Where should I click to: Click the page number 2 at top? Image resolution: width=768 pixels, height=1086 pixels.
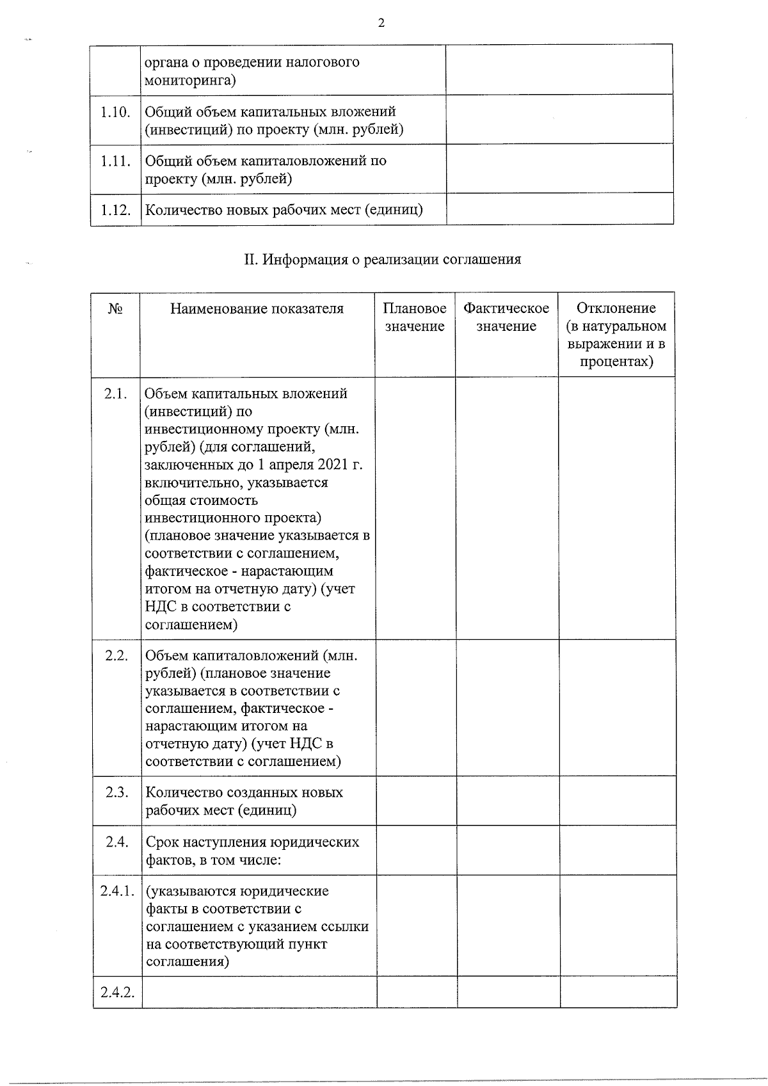[381, 24]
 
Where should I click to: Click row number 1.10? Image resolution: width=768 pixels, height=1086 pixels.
[115, 112]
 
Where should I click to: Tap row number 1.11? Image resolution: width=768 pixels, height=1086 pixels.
[115, 161]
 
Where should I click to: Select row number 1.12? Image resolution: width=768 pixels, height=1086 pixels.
[115, 210]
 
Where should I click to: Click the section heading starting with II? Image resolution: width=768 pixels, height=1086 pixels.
[382, 259]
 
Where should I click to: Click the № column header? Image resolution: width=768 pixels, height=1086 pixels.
[115, 309]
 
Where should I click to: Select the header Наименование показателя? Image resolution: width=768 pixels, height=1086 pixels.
[257, 309]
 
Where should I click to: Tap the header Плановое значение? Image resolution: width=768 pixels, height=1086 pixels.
[415, 317]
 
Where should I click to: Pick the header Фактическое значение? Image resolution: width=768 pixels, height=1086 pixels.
[506, 317]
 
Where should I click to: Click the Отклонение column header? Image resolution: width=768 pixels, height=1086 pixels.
[616, 335]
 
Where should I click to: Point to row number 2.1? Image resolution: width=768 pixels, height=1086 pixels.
[115, 394]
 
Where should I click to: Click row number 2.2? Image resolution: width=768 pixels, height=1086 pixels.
[116, 656]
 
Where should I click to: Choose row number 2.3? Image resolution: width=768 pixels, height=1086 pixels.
[117, 793]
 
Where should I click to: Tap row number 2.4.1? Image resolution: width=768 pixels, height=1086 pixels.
[117, 891]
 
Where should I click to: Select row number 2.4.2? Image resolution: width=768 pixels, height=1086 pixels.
[117, 993]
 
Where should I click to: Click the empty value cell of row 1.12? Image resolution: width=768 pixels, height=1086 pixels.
[559, 209]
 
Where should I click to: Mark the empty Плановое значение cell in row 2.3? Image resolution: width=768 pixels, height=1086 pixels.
[416, 801]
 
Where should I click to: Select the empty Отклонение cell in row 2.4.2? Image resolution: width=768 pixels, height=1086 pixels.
[618, 992]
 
